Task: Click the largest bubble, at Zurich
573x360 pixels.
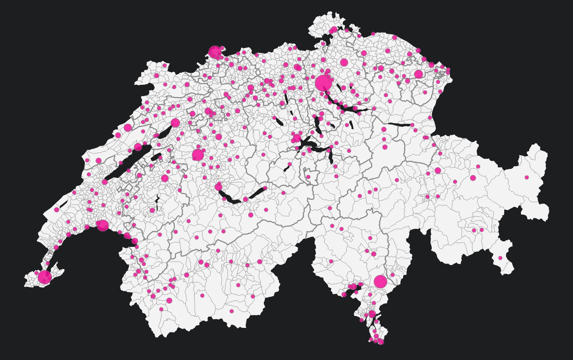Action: pyautogui.click(x=323, y=83)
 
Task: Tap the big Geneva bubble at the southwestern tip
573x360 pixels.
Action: pyautogui.click(x=45, y=277)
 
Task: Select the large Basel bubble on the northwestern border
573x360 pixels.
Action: pyautogui.click(x=215, y=52)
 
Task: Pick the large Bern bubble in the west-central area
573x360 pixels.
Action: pyautogui.click(x=198, y=155)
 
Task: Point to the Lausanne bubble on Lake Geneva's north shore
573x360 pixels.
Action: pyautogui.click(x=102, y=225)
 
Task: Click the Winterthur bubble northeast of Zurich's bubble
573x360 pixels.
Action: pyautogui.click(x=344, y=63)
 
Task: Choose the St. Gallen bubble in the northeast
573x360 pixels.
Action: pyautogui.click(x=418, y=74)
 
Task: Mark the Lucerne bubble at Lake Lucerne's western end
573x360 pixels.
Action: pyautogui.click(x=297, y=138)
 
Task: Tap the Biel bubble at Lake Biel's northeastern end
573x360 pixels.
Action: pyautogui.click(x=175, y=123)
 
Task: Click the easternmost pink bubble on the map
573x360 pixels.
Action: pyautogui.click(x=527, y=177)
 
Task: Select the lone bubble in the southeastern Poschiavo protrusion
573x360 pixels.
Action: pyautogui.click(x=500, y=258)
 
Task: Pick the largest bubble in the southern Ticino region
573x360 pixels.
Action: pyautogui.click(x=380, y=281)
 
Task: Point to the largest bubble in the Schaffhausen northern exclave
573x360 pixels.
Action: pyautogui.click(x=334, y=30)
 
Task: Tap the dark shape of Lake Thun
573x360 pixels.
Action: pyautogui.click(x=229, y=198)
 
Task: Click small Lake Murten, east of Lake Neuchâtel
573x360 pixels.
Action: pyautogui.click(x=156, y=157)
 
